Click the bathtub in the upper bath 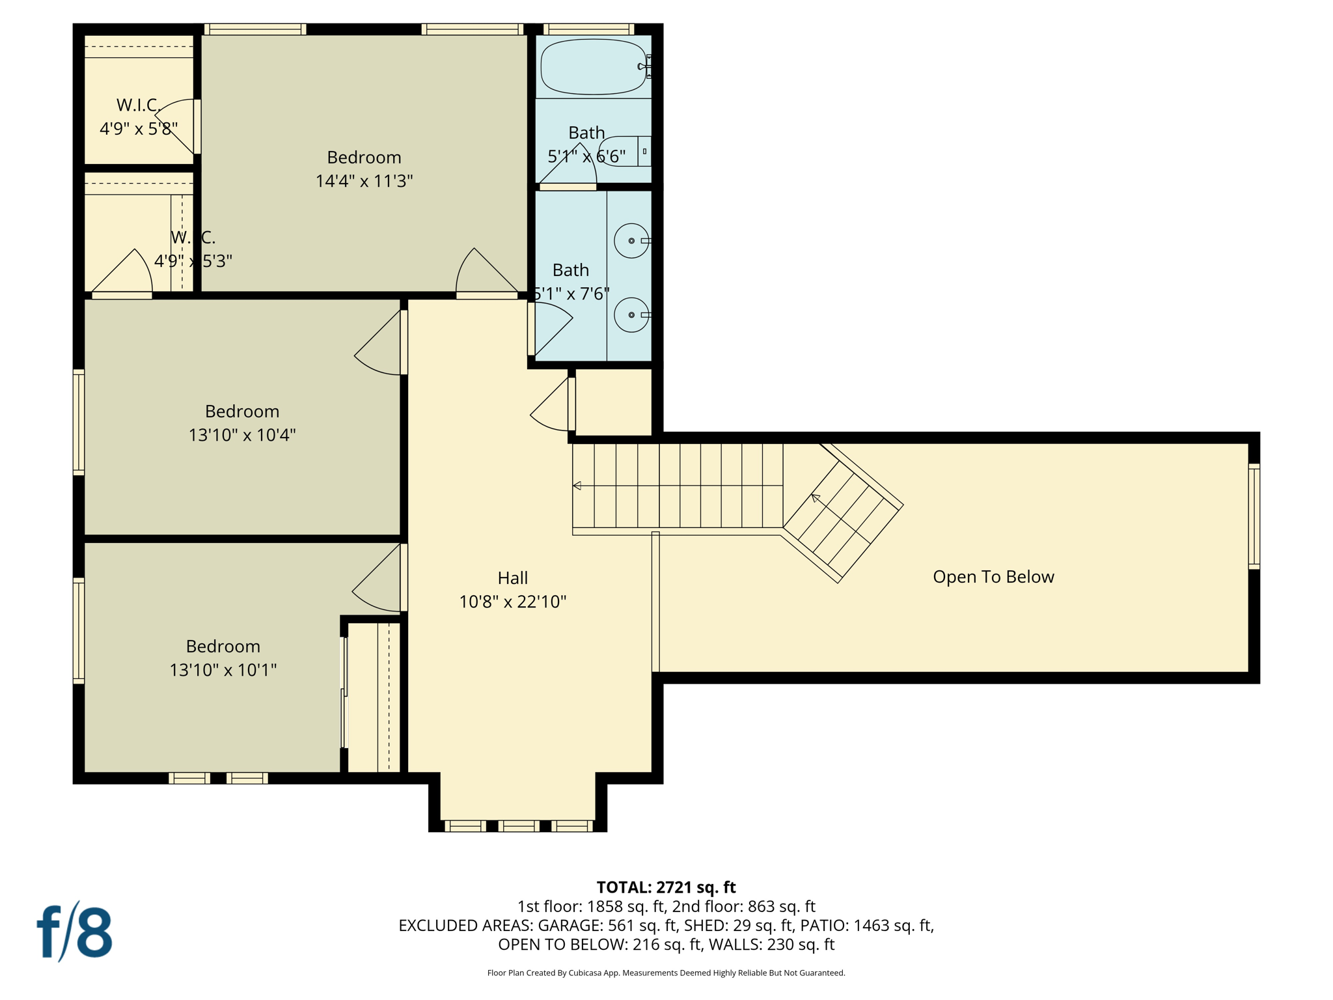(593, 66)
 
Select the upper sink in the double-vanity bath (631, 240)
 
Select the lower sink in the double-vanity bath (631, 314)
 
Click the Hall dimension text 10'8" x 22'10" (513, 602)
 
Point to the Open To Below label (993, 577)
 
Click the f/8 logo (74, 932)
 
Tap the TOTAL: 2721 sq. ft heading (666, 887)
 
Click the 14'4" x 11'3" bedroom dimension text (364, 181)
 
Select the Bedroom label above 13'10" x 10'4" (242, 411)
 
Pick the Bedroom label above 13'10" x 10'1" (223, 646)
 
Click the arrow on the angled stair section (816, 498)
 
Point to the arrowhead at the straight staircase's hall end (577, 486)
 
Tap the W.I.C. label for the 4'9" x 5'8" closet (138, 105)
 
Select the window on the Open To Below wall (1254, 516)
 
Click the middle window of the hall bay (519, 826)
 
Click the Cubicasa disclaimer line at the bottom (666, 973)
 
